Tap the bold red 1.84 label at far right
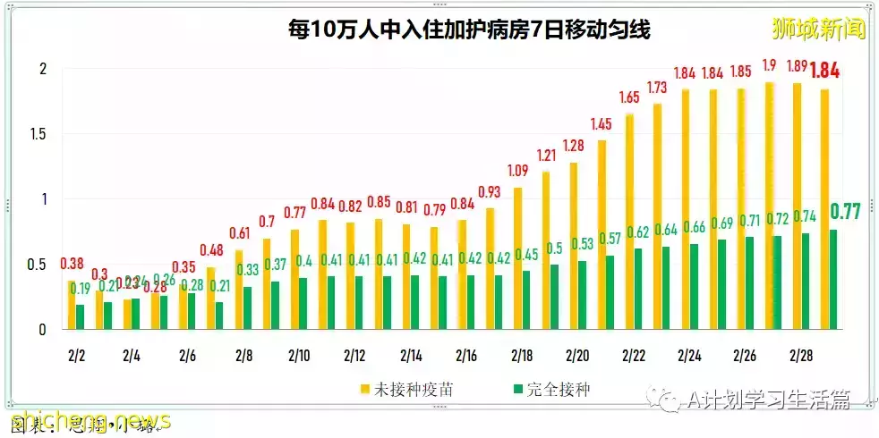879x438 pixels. coord(824,72)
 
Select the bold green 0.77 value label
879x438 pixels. coord(845,212)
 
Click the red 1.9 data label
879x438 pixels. coord(769,65)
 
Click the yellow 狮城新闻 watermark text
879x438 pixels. coord(818,29)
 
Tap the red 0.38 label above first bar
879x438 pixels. coord(72,264)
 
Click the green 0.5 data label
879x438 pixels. coord(555,248)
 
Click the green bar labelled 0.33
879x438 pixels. coord(247,307)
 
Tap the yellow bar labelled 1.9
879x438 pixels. coord(769,206)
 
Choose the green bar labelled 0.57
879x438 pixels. coord(610,292)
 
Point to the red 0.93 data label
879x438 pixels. coord(490,191)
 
